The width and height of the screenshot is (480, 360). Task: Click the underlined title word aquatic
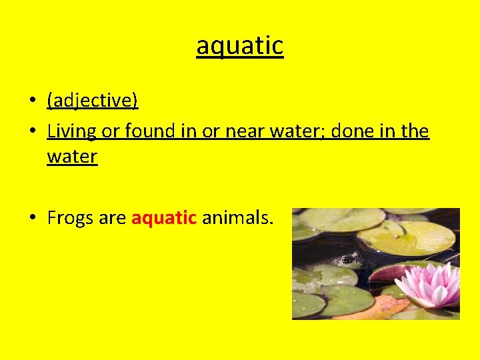(240, 46)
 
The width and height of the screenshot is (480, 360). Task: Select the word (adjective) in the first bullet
(93, 101)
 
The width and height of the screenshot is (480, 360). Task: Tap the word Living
(72, 131)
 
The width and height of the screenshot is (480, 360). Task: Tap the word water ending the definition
(72, 157)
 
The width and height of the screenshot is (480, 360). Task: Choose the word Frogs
(71, 218)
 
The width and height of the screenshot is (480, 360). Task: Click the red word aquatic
(164, 218)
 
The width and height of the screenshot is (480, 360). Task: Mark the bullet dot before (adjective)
(31, 101)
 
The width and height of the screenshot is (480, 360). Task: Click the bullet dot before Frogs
(31, 218)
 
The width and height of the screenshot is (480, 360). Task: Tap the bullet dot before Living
(31, 131)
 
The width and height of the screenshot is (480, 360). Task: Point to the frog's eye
(346, 259)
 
